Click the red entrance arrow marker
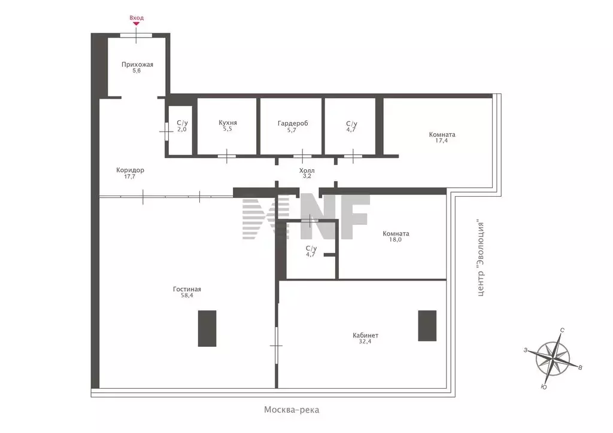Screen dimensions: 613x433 [136, 23]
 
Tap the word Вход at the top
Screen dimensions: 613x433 [136, 17]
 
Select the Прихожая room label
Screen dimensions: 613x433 [137, 65]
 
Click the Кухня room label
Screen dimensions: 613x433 [228, 122]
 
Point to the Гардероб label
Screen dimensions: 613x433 [293, 123]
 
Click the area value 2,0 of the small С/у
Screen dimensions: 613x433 [182, 129]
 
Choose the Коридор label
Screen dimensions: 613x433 [130, 170]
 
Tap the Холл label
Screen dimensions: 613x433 [307, 170]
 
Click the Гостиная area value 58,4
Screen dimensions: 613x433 [187, 295]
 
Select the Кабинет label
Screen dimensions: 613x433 [366, 335]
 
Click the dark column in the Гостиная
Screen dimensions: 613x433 [207, 328]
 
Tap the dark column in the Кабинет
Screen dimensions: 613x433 [427, 325]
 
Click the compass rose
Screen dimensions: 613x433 [553, 358]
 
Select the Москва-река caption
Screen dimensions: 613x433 [292, 410]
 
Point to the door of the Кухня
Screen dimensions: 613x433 [227, 156]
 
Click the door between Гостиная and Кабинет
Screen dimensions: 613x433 [276, 346]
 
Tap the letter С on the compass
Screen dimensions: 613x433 [562, 330]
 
